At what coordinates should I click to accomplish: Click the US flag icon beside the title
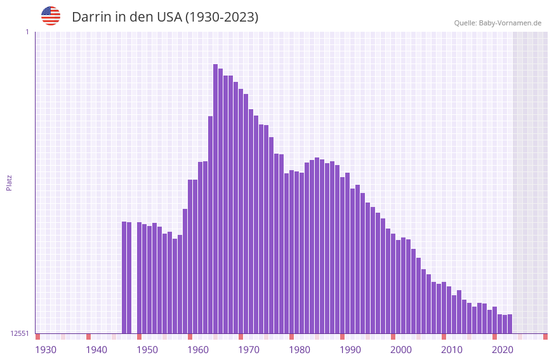pyautogui.click(x=51, y=16)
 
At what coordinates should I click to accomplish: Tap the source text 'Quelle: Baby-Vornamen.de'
pyautogui.click(x=498, y=23)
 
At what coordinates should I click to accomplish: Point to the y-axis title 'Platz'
pyautogui.click(x=9, y=182)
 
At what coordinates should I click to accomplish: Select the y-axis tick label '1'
pyautogui.click(x=27, y=32)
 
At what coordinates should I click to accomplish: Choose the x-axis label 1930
pyautogui.click(x=46, y=349)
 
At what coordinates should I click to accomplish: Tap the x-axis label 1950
pyautogui.click(x=147, y=349)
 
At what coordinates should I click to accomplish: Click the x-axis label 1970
pyautogui.click(x=249, y=349)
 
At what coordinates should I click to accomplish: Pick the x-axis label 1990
pyautogui.click(x=350, y=349)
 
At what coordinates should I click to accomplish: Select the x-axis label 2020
pyautogui.click(x=503, y=349)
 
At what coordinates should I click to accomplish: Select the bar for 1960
pyautogui.click(x=201, y=248)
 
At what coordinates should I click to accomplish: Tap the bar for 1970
pyautogui.click(x=251, y=222)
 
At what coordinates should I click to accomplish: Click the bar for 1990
pyautogui.click(x=353, y=260)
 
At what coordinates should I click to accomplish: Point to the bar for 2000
pyautogui.click(x=404, y=286)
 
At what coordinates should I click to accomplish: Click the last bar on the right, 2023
pyautogui.click(x=510, y=324)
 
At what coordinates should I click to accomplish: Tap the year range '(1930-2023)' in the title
pyautogui.click(x=221, y=17)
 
